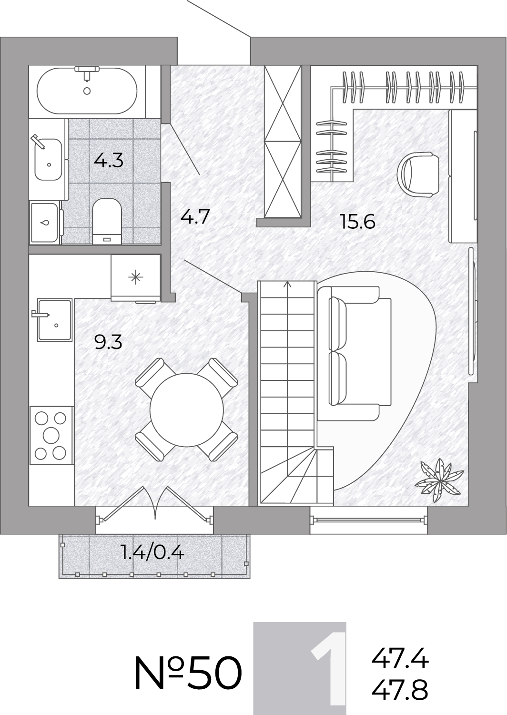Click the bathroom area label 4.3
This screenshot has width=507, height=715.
[x=109, y=161]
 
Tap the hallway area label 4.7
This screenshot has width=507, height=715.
[x=195, y=217]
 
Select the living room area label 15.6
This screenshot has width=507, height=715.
[x=358, y=222]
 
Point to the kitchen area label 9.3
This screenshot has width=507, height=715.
[x=109, y=343]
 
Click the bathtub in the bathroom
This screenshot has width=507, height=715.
[x=87, y=91]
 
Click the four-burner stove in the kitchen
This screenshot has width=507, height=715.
[x=51, y=436]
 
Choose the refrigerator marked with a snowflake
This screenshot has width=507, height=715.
[x=136, y=277]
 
